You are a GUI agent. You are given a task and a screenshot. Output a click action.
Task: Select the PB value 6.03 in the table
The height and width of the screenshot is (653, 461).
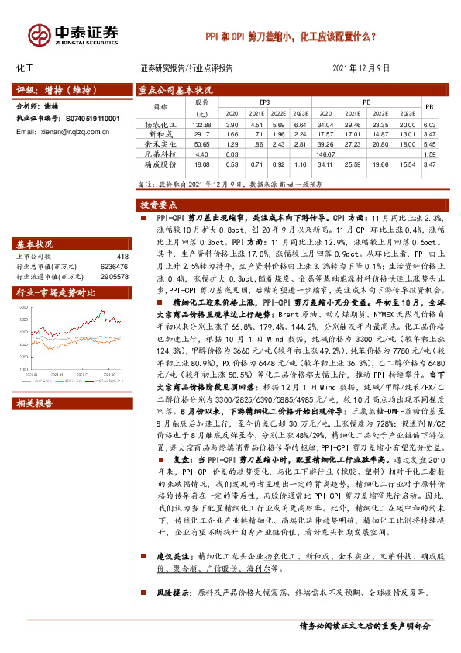coord(431,125)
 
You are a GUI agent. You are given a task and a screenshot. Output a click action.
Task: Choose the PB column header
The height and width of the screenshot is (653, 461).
coord(431,106)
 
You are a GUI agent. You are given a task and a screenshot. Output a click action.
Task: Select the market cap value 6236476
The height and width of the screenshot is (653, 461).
coord(115,265)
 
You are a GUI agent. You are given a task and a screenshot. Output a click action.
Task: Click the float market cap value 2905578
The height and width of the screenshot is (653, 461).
coord(115,275)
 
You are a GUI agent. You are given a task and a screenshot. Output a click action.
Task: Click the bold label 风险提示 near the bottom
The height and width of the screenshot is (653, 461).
coord(173,593)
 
